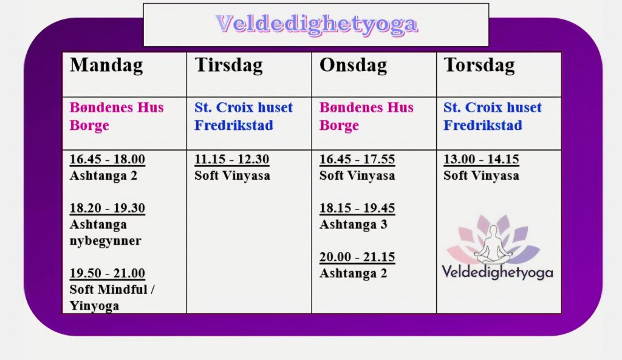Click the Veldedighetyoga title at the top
[x=316, y=24]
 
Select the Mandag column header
[x=106, y=66]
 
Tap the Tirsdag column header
[x=228, y=65]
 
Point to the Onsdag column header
[x=353, y=65]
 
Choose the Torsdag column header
[x=479, y=65]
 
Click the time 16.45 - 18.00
[x=107, y=159]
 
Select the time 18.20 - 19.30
[x=107, y=208]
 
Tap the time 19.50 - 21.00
[x=107, y=273]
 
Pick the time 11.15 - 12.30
[x=231, y=159]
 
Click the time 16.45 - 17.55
[x=357, y=159]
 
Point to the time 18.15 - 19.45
[x=357, y=208]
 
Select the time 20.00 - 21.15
[x=357, y=257]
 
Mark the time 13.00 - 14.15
[x=481, y=159]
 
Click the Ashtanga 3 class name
[x=353, y=225]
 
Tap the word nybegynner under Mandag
[x=105, y=240]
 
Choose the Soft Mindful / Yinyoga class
[x=112, y=297]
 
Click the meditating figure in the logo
[x=493, y=245]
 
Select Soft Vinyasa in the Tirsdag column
[x=232, y=175]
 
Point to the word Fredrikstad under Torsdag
[x=483, y=125]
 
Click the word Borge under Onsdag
[x=339, y=125]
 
